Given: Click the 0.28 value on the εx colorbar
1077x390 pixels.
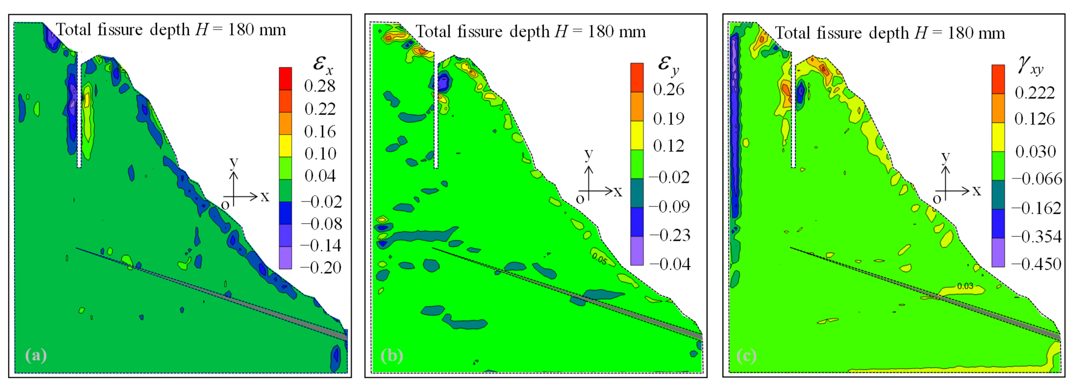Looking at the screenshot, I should pos(319,86).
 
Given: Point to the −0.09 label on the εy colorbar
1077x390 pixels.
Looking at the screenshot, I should pos(669,206).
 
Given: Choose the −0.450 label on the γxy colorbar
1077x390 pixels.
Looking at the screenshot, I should pos(1036,264).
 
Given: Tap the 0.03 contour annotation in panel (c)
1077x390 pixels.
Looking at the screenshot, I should pos(965,286).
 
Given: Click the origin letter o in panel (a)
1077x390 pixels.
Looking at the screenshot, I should pos(225,205).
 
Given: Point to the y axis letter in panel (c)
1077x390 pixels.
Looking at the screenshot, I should pos(945,157).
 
